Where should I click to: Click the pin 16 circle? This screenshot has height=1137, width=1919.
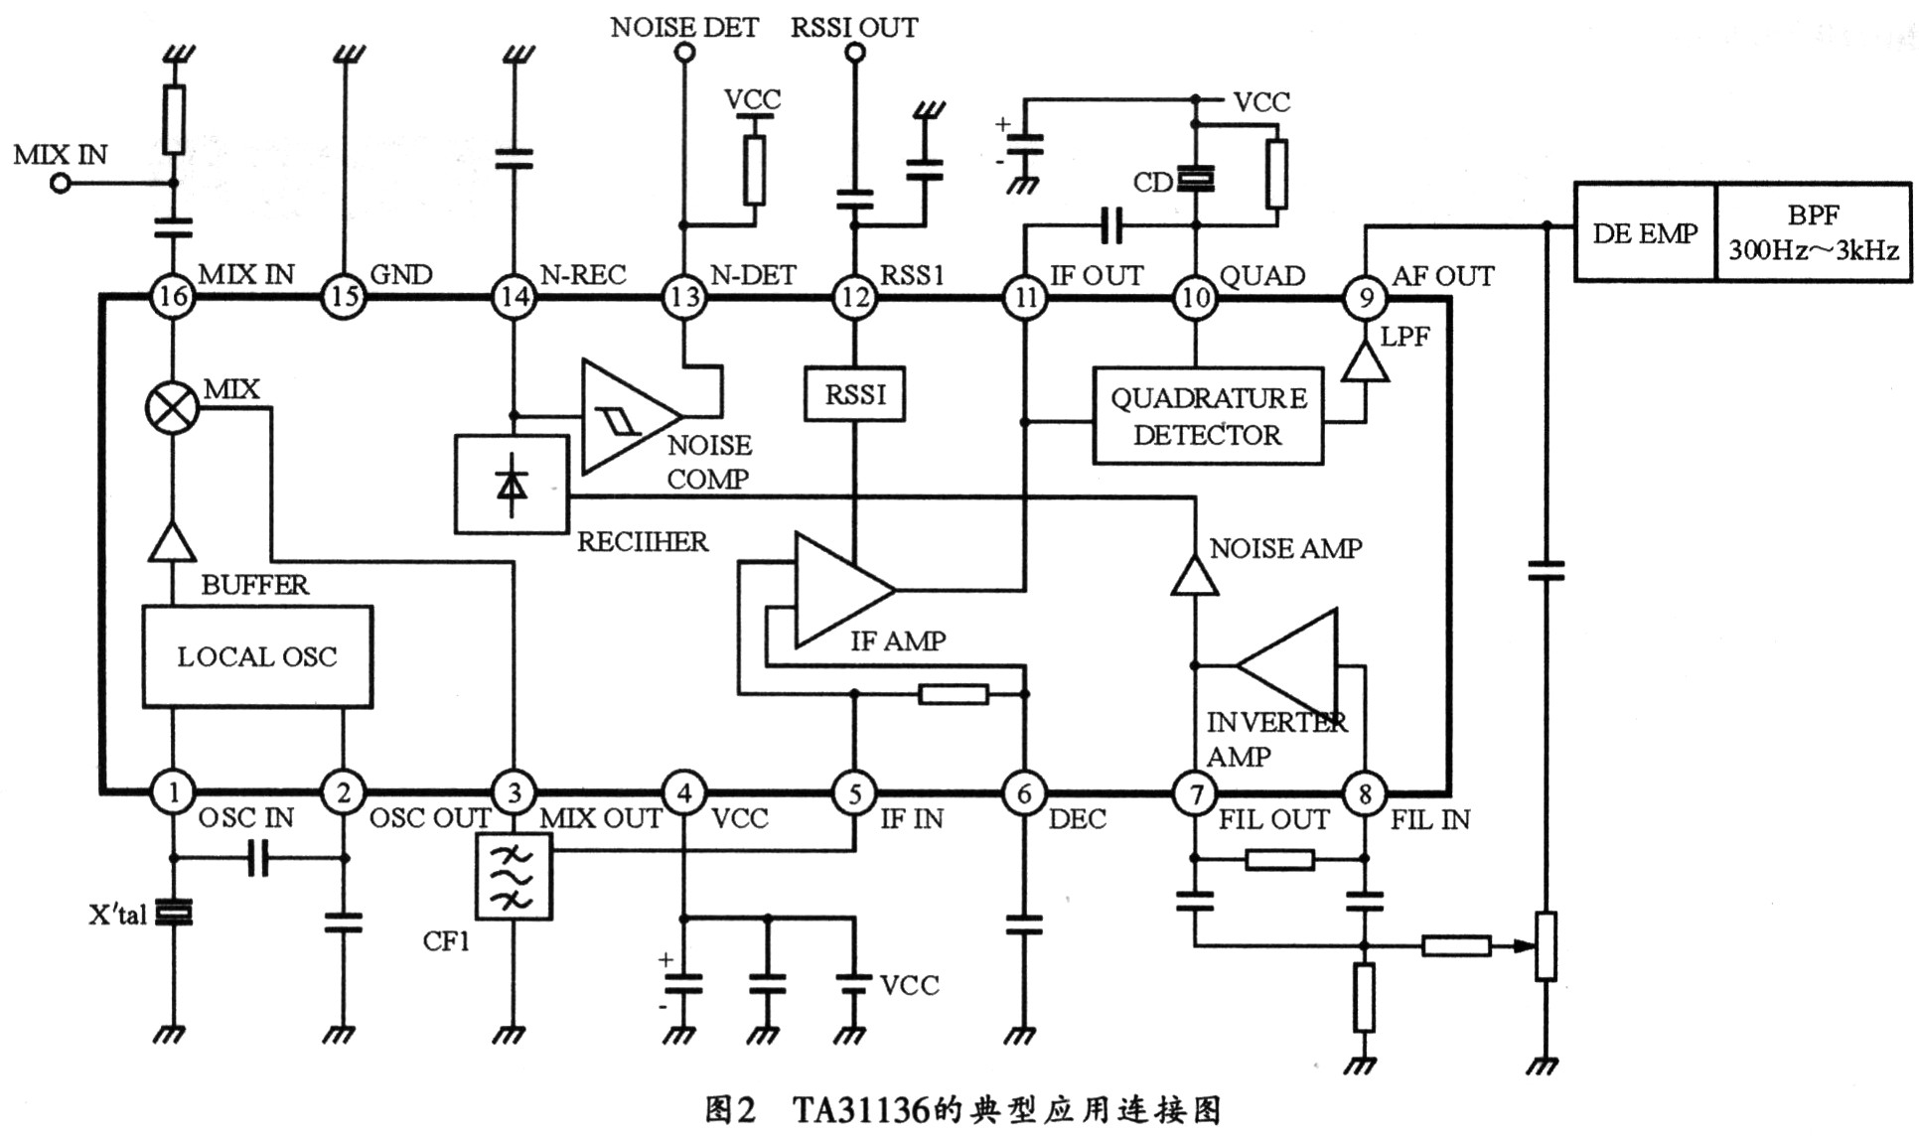pyautogui.click(x=173, y=296)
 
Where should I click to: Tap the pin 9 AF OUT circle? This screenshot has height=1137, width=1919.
pyautogui.click(x=1366, y=297)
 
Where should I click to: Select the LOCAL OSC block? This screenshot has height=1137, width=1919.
pyautogui.click(x=257, y=656)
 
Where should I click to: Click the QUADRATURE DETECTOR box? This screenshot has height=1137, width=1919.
pyautogui.click(x=1208, y=417)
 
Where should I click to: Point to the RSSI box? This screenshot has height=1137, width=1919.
pyautogui.click(x=854, y=394)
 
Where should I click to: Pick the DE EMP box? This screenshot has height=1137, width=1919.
pyautogui.click(x=1645, y=233)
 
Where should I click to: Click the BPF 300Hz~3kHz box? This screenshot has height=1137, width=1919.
pyautogui.click(x=1814, y=233)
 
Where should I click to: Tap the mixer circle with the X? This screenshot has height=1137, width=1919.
pyautogui.click(x=173, y=408)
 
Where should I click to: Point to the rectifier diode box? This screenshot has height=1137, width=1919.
pyautogui.click(x=512, y=485)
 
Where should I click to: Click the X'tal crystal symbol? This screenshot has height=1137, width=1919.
pyautogui.click(x=174, y=913)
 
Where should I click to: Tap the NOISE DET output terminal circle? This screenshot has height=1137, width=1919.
pyautogui.click(x=683, y=53)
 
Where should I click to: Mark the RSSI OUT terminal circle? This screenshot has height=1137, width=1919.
pyautogui.click(x=854, y=53)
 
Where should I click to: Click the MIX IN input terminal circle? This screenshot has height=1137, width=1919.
pyautogui.click(x=61, y=184)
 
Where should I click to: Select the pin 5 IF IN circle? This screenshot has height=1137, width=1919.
pyautogui.click(x=854, y=793)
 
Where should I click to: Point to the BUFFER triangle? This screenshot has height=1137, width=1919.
pyautogui.click(x=173, y=542)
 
